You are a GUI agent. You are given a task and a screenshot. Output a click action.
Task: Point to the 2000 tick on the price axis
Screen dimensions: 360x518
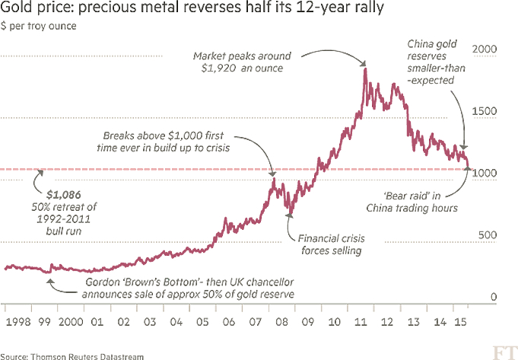point(485,49)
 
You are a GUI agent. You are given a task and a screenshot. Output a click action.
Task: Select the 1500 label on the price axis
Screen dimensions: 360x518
point(485,111)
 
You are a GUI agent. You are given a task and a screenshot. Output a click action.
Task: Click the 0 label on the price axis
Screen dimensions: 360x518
point(494,297)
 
